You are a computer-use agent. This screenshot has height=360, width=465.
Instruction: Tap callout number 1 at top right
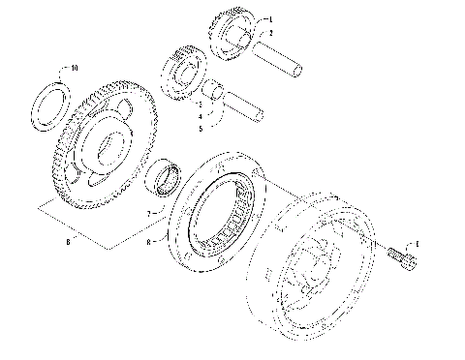(270, 19)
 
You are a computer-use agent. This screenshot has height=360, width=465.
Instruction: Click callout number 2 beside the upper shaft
(270, 32)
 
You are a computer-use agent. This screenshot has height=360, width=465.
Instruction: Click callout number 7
(149, 212)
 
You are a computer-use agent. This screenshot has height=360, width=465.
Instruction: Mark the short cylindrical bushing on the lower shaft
(216, 94)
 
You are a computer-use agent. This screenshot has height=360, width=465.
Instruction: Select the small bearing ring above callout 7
(164, 178)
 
